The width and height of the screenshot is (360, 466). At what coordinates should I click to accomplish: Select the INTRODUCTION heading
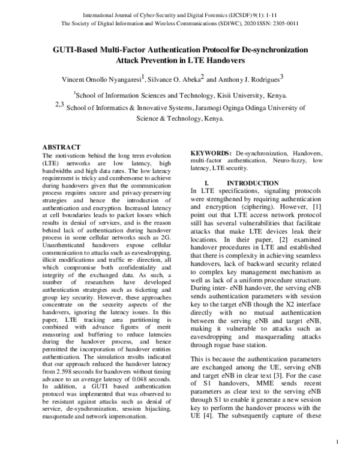253,183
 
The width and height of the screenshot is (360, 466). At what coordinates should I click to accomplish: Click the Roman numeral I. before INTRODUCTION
207,183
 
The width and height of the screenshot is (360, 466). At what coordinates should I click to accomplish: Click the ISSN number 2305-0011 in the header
284,23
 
